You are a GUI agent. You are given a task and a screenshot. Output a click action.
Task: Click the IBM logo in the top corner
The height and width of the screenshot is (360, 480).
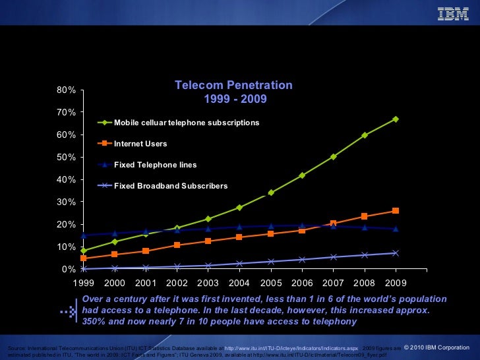pyautogui.click(x=453, y=13)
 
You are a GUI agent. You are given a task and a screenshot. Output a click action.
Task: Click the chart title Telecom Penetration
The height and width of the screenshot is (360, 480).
pyautogui.click(x=233, y=86)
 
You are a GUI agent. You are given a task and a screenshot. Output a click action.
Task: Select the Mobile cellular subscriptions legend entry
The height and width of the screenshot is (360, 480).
pyautogui.click(x=187, y=123)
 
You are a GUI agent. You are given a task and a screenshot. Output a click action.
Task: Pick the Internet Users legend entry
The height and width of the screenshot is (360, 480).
pyautogui.click(x=140, y=144)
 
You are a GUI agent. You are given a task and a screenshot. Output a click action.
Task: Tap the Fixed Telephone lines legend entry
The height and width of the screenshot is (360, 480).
pyautogui.click(x=155, y=165)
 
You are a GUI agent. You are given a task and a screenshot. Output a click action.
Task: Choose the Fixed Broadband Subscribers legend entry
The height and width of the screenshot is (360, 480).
pyautogui.click(x=171, y=186)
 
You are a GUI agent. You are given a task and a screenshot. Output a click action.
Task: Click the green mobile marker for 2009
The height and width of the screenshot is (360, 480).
pyautogui.click(x=396, y=119)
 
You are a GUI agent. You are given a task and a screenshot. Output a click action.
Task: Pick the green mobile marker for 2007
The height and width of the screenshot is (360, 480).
pyautogui.click(x=334, y=157)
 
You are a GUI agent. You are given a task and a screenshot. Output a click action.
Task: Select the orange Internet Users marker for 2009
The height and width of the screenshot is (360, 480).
pyautogui.click(x=396, y=211)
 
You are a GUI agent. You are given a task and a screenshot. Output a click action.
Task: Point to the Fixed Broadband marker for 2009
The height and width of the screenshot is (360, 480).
pyautogui.click(x=396, y=253)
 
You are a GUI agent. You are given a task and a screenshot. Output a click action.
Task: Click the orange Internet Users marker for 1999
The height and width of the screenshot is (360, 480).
pyautogui.click(x=84, y=258)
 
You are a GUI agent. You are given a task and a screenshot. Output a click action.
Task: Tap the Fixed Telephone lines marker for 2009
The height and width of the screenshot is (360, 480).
pyautogui.click(x=396, y=229)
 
